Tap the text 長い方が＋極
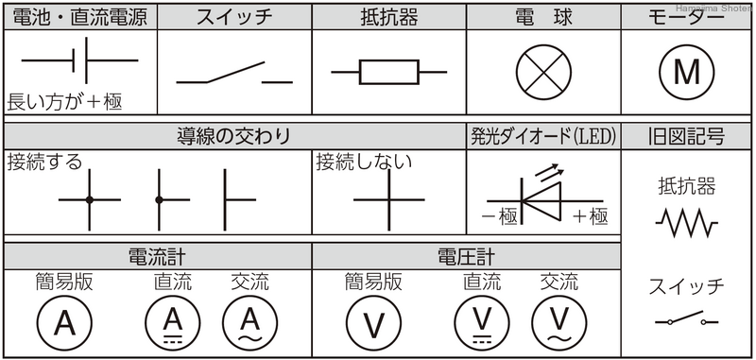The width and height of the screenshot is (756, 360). pyautogui.click(x=64, y=100)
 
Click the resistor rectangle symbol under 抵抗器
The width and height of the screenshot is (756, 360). pyautogui.click(x=388, y=70)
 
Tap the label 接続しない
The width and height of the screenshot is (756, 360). pyautogui.click(x=363, y=161)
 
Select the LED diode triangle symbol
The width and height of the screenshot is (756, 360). pyautogui.click(x=541, y=199)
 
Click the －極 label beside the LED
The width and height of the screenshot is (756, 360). pyautogui.click(x=499, y=217)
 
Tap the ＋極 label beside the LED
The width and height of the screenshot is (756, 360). pyautogui.click(x=589, y=217)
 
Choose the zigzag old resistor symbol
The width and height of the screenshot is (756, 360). pyautogui.click(x=685, y=223)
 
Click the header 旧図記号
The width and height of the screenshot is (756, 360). pyautogui.click(x=686, y=136)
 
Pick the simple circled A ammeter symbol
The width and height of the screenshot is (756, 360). pyautogui.click(x=63, y=323)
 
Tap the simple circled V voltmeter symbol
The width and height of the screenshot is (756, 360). pyautogui.click(x=374, y=323)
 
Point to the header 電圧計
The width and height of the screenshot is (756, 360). pyautogui.click(x=466, y=256)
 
